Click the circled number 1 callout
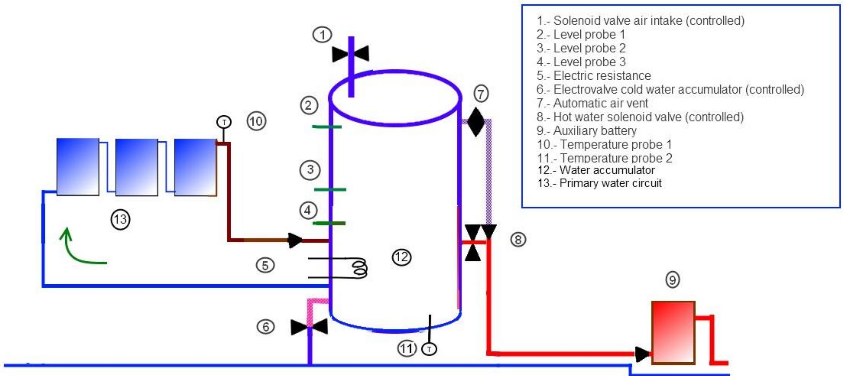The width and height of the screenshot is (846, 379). pyautogui.click(x=322, y=35)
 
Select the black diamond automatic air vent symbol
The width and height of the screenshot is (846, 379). pyautogui.click(x=476, y=122)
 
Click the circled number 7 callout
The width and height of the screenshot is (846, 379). pyautogui.click(x=481, y=94)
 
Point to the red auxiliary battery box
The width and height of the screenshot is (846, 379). pyautogui.click(x=673, y=332)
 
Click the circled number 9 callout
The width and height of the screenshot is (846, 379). pyautogui.click(x=672, y=280)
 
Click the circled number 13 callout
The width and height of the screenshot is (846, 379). pyautogui.click(x=120, y=219)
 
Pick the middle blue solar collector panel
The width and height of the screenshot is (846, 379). pyautogui.click(x=137, y=167)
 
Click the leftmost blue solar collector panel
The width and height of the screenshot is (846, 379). pyautogui.click(x=78, y=167)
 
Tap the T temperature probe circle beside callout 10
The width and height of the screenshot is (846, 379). pyautogui.click(x=224, y=122)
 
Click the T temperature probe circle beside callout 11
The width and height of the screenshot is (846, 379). pyautogui.click(x=429, y=349)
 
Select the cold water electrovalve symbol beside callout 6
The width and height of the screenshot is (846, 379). pyautogui.click(x=309, y=327)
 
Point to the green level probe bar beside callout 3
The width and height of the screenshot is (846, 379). pyautogui.click(x=330, y=189)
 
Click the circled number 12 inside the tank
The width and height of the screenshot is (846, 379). pyautogui.click(x=402, y=257)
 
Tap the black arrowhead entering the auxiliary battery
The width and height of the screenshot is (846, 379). pyautogui.click(x=642, y=354)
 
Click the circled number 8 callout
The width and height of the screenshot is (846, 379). pyautogui.click(x=518, y=239)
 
